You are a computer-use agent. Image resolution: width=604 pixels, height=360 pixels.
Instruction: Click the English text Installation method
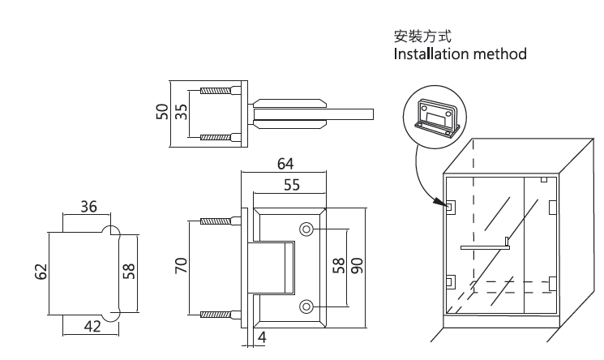pyautogui.click(x=460, y=55)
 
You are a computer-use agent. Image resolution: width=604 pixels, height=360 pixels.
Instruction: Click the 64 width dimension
pyautogui.click(x=285, y=164)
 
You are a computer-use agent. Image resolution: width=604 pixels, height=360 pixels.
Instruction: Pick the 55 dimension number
pyautogui.click(x=291, y=185)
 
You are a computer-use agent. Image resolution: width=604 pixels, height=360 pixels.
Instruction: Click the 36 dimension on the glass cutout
pyautogui.click(x=88, y=207)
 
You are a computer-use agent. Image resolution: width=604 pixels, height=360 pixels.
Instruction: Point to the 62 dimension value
pyautogui.click(x=41, y=270)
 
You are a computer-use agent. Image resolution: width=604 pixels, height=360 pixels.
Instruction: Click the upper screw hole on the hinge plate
pyautogui.click(x=306, y=229)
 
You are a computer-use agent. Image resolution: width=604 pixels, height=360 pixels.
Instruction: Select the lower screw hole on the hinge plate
pyautogui.click(x=306, y=306)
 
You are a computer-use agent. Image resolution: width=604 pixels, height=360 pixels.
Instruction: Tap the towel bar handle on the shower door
pyautogui.click(x=485, y=245)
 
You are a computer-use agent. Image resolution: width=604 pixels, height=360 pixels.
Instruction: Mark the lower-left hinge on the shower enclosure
pyautogui.click(x=448, y=283)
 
